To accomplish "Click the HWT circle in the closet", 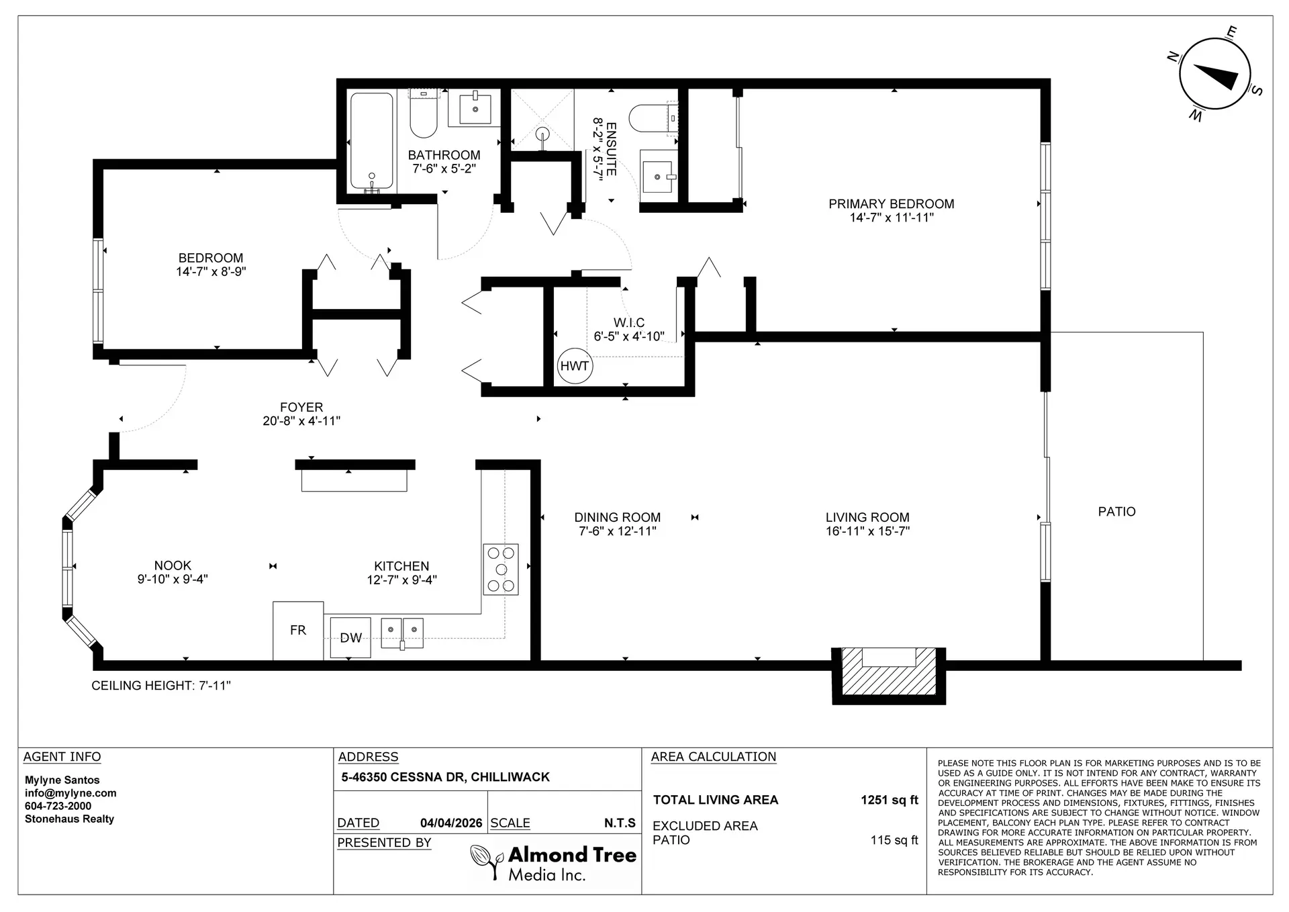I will [574, 366].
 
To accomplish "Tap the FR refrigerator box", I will [298, 630].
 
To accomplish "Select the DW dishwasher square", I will [350, 637].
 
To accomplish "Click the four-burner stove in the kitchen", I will [501, 569].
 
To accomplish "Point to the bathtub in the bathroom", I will [371, 141].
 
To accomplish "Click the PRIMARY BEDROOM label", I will [891, 204].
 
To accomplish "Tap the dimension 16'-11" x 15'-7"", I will [867, 531].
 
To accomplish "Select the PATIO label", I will [1116, 512].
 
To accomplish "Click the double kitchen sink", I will [402, 633].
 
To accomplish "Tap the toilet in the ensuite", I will [648, 118].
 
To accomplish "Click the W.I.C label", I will [629, 323].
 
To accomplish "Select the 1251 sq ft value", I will [889, 800].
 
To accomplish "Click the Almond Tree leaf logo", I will [487, 861].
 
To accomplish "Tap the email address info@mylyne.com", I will [70, 793].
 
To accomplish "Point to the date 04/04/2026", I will [451, 823].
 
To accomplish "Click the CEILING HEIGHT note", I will [161, 686].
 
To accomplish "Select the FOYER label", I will [301, 407].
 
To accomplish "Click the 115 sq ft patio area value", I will [894, 840].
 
